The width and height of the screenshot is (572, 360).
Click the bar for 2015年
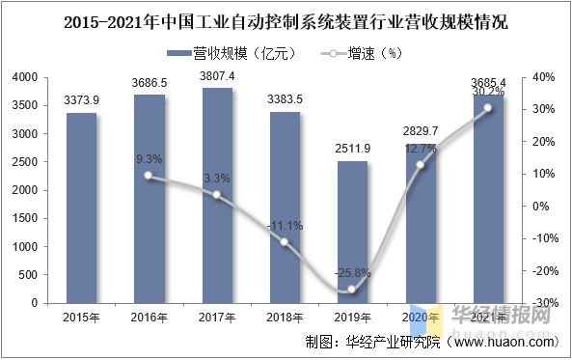coord(81,208)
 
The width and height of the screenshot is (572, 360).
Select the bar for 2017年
coord(217,195)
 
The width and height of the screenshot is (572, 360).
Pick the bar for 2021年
coord(488,199)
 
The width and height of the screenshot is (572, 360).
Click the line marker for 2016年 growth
coord(149,176)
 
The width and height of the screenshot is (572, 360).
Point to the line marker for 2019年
coord(352,290)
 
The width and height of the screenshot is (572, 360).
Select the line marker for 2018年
coord(285,241)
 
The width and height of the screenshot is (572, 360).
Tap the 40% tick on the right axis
coord(541,77)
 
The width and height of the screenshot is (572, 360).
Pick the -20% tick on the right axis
coord(541,270)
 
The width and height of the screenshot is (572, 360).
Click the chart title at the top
coord(286,21)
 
